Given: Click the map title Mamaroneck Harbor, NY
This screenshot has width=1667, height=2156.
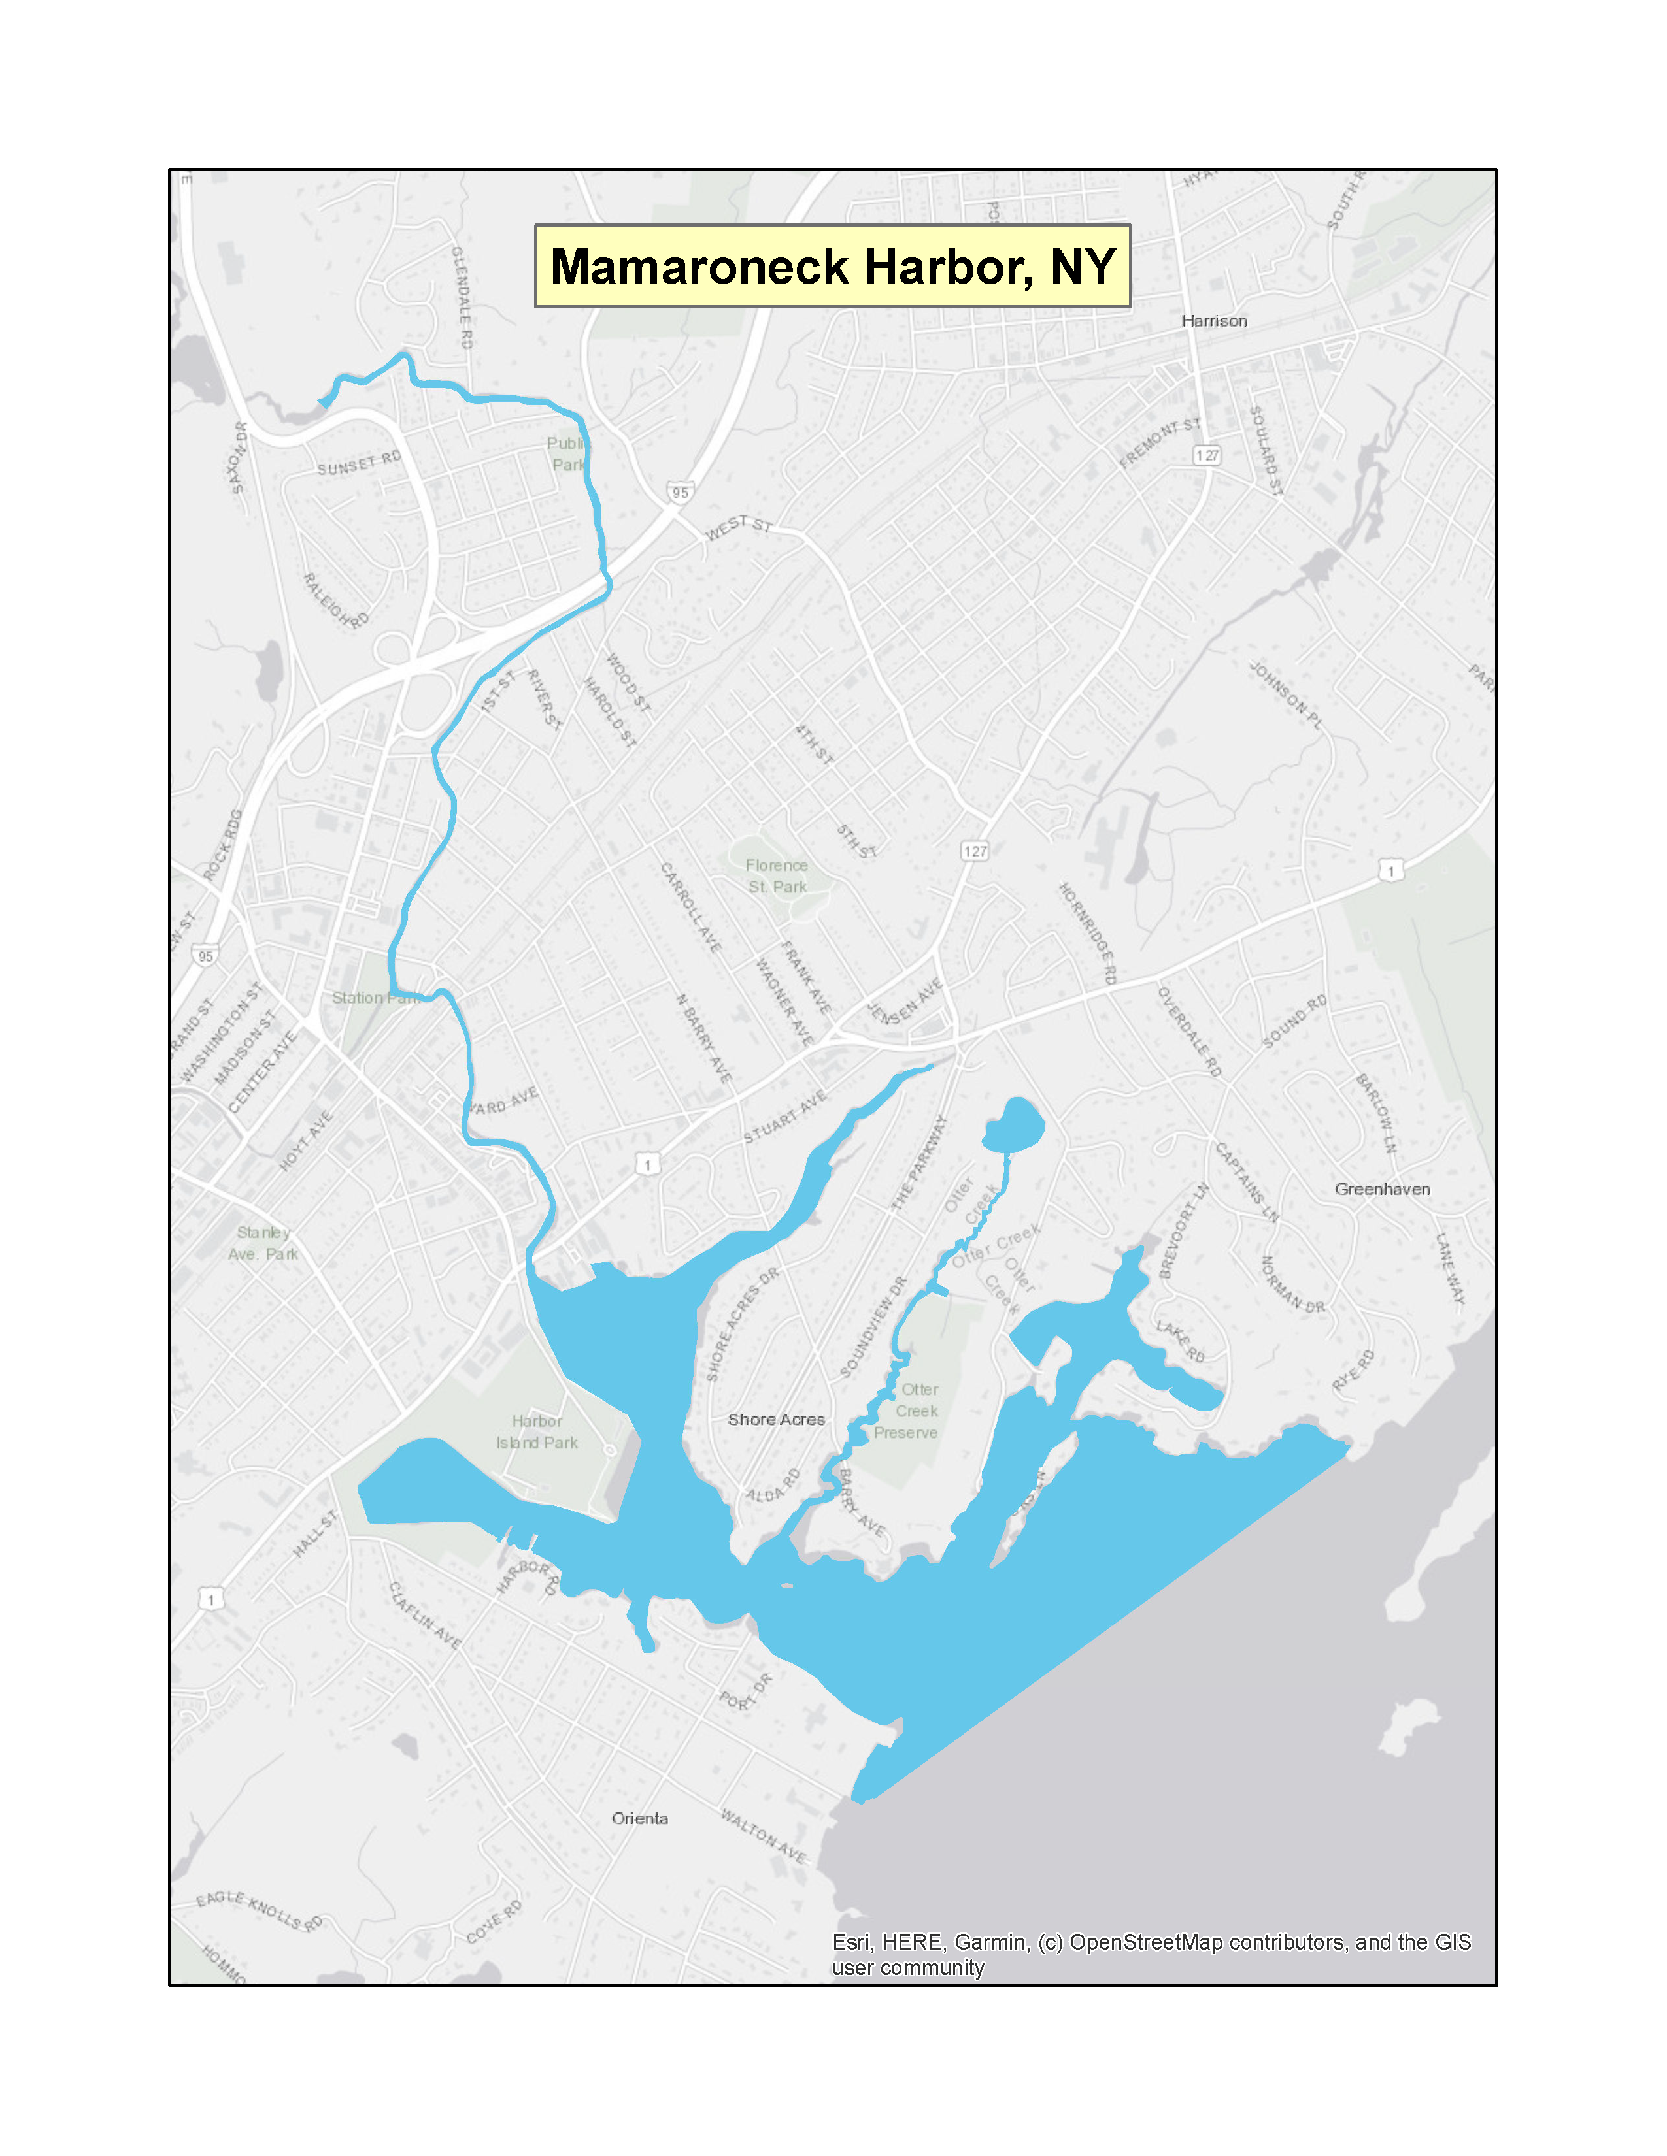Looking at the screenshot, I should [x=832, y=267].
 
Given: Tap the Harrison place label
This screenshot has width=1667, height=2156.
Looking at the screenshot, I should [x=1214, y=321].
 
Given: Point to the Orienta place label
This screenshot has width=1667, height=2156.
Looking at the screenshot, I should [x=640, y=1818].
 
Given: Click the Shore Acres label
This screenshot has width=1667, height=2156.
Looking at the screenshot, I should [x=776, y=1420].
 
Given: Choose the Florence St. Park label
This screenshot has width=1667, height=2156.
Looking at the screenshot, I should [x=777, y=875].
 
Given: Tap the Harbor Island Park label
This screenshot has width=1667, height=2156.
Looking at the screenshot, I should [x=537, y=1431].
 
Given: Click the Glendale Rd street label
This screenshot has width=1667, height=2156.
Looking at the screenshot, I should [x=462, y=296].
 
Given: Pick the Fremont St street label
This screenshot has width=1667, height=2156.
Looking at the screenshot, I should [x=1160, y=442].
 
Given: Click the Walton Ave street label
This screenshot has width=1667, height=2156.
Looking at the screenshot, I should [x=764, y=1836].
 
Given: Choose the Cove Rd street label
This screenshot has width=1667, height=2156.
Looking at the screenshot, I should [x=493, y=1923].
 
